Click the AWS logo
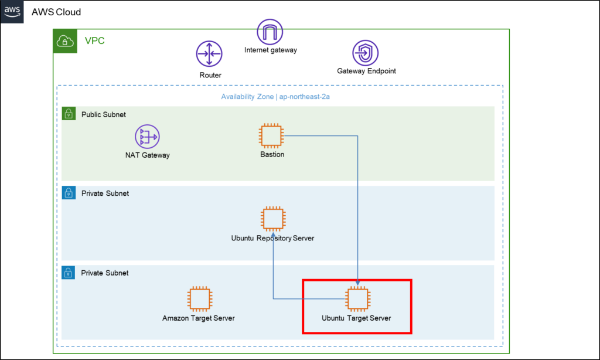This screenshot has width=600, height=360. pyautogui.click(x=12, y=11)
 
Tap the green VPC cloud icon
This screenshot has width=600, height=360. pyautogui.click(x=65, y=41)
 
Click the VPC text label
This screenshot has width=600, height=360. pyautogui.click(x=94, y=41)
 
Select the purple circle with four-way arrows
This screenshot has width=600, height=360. pyautogui.click(x=209, y=54)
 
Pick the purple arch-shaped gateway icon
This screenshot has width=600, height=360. pyautogui.click(x=270, y=32)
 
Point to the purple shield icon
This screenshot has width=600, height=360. pyautogui.click(x=366, y=53)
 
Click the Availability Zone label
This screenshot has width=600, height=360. pyautogui.click(x=275, y=97)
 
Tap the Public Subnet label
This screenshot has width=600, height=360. pyautogui.click(x=103, y=114)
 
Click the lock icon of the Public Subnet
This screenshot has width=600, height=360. pyautogui.click(x=69, y=114)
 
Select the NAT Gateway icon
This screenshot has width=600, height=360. pyautogui.click(x=147, y=137)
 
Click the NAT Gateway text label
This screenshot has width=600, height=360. pyautogui.click(x=147, y=155)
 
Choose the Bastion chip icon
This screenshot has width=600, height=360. pyautogui.click(x=272, y=135)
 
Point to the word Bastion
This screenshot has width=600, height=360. pyautogui.click(x=272, y=155)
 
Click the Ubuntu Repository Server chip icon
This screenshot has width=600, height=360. pyautogui.click(x=273, y=219)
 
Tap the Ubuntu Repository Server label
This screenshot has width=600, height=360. pyautogui.click(x=273, y=238)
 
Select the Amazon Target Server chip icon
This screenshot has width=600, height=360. pyautogui.click(x=199, y=298)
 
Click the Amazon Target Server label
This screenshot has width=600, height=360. pyautogui.click(x=199, y=318)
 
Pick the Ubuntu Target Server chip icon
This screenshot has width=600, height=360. pyautogui.click(x=357, y=298)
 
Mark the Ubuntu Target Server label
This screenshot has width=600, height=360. pyautogui.click(x=356, y=318)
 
